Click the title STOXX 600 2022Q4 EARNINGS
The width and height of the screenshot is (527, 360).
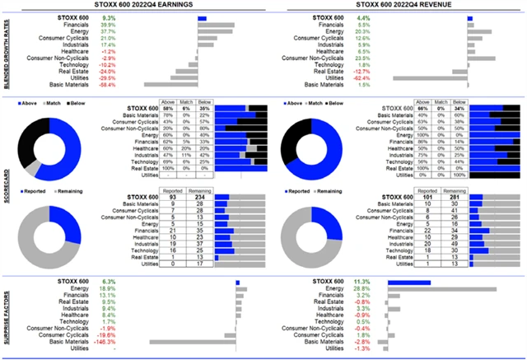pyautogui.click(x=133, y=6)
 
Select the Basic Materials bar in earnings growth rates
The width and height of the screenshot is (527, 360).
pyautogui.click(x=170, y=84)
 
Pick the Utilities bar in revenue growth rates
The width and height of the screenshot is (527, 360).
pyautogui.click(x=427, y=77)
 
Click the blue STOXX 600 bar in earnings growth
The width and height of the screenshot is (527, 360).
pyautogui.click(x=203, y=17)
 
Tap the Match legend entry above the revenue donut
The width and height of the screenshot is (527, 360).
pyautogui.click(x=315, y=105)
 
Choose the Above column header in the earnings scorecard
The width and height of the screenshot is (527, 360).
pyautogui.click(x=167, y=103)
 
